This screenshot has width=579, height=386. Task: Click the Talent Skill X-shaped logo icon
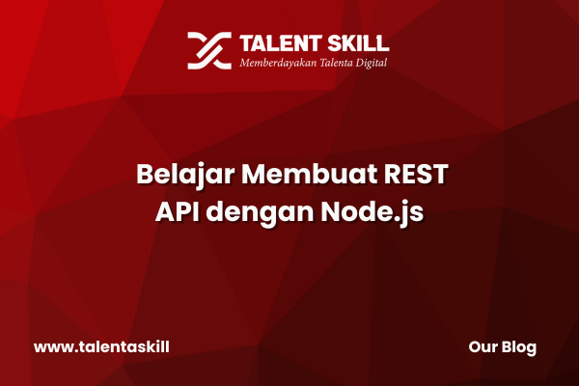tap(209, 50)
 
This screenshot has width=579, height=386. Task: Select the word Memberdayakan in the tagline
tap(278, 63)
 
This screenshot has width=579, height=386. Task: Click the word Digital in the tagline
tap(372, 63)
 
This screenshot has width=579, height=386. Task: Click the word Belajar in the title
tap(185, 175)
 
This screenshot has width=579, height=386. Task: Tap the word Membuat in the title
tap(310, 174)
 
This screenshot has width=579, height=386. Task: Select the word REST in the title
tap(416, 174)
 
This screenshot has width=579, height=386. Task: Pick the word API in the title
tap(178, 211)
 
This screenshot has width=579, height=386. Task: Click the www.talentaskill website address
tap(101, 347)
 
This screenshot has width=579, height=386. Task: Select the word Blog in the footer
tap(519, 348)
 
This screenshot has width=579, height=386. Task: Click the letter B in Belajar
tap(145, 174)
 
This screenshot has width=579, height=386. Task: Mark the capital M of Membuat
tap(255, 174)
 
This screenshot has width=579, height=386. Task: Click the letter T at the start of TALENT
tap(247, 43)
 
